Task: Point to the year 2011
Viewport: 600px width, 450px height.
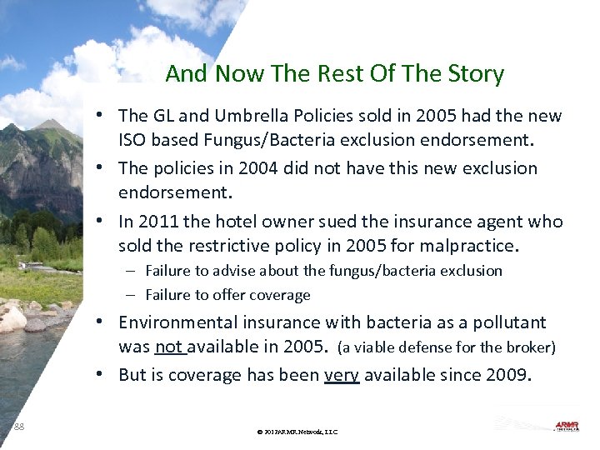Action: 158,222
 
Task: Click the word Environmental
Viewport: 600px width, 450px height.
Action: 172,322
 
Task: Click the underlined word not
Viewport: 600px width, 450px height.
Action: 169,347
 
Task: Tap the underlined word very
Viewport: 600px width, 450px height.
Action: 341,375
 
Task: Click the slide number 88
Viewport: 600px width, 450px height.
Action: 19,427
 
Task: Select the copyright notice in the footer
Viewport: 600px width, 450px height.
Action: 297,432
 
